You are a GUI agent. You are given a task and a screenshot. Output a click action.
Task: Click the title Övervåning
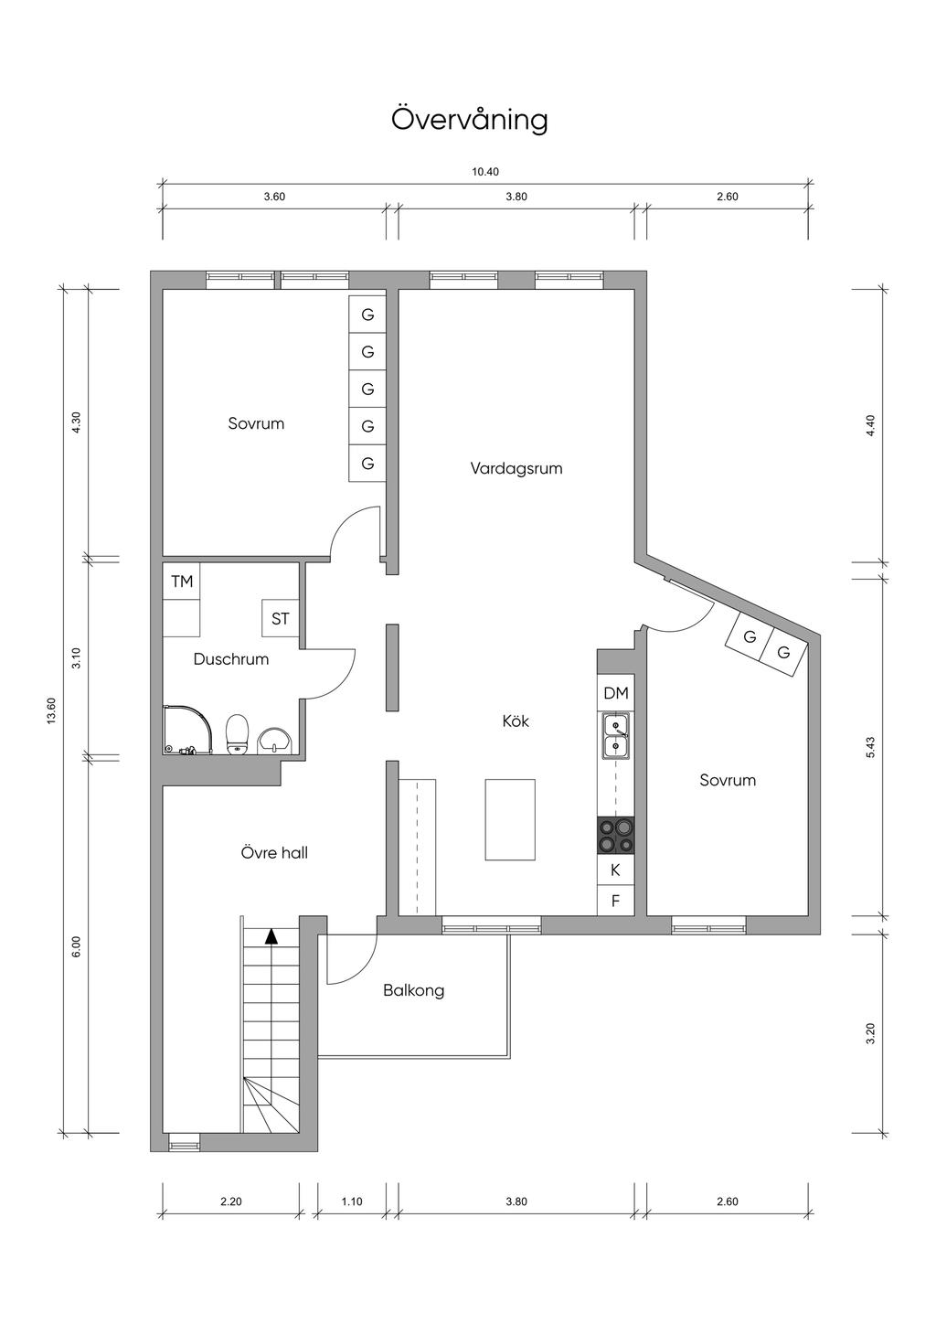click(470, 120)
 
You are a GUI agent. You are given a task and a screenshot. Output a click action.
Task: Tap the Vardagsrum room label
click(516, 469)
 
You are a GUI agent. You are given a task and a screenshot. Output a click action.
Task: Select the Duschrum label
click(231, 659)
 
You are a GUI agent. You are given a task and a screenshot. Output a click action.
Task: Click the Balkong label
click(414, 990)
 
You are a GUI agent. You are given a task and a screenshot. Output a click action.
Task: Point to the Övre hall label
click(274, 852)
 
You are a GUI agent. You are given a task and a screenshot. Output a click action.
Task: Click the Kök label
click(516, 721)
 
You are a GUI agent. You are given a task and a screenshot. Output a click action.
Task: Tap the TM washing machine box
click(182, 582)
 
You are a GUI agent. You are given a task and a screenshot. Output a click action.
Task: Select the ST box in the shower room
click(280, 618)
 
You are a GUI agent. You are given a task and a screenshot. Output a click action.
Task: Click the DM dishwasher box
click(616, 693)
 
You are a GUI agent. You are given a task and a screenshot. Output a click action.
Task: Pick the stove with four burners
click(616, 835)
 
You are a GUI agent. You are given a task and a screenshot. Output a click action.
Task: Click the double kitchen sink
click(616, 736)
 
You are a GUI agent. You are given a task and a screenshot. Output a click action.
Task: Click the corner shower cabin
click(186, 730)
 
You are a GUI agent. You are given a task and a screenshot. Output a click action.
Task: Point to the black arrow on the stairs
click(271, 935)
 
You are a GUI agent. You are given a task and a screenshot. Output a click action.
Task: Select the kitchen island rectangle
click(511, 819)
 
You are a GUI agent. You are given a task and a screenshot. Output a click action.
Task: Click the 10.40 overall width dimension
click(485, 172)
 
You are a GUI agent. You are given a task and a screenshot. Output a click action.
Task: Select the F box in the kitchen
click(616, 902)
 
